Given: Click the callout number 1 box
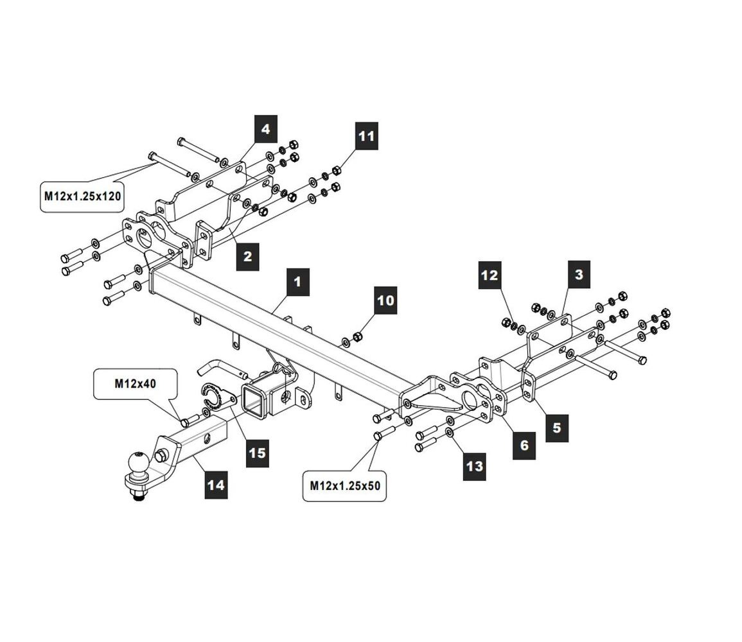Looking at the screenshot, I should pyautogui.click(x=297, y=282).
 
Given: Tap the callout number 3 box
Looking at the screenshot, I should pyautogui.click(x=579, y=275).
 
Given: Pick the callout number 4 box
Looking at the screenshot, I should pyautogui.click(x=265, y=130).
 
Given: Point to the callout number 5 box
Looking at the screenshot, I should pyautogui.click(x=556, y=427).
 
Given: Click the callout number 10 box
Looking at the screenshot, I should pyautogui.click(x=386, y=300).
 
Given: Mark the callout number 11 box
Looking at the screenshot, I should pyautogui.click(x=366, y=137).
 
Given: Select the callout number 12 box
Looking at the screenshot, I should pyautogui.click(x=490, y=276).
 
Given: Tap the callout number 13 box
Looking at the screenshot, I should pyautogui.click(x=474, y=466).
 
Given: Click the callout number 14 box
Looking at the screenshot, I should pyautogui.click(x=216, y=484).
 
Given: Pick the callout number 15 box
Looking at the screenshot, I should pyautogui.click(x=257, y=453).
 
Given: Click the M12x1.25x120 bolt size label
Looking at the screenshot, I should pyautogui.click(x=82, y=196).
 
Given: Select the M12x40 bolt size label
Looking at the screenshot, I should pyautogui.click(x=136, y=384).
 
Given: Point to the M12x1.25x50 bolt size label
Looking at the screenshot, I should pyautogui.click(x=344, y=486).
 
